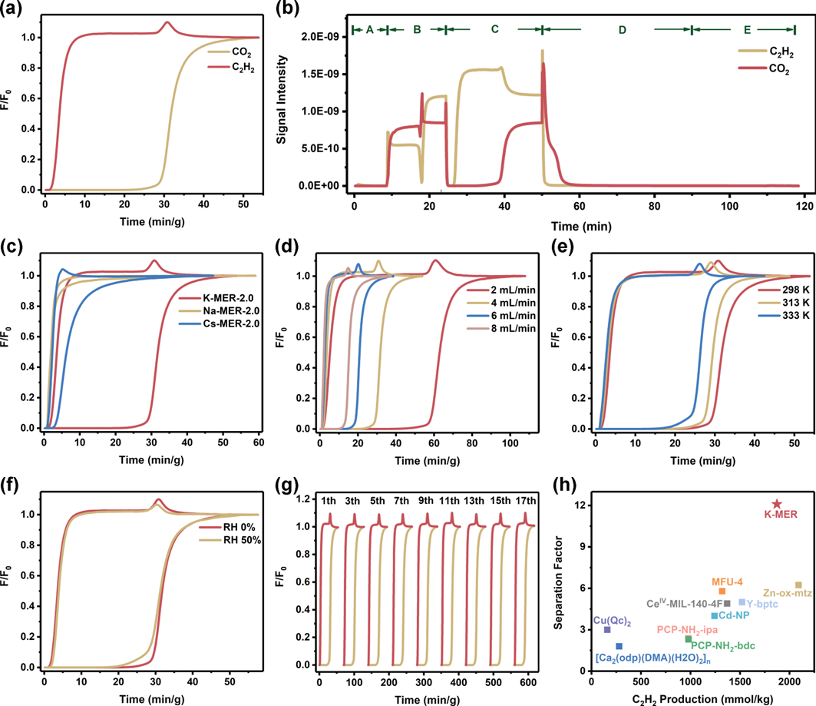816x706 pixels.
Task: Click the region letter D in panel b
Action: click(622, 29)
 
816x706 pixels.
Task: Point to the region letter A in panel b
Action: click(369, 29)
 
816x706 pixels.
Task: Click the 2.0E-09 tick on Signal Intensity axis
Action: click(322, 37)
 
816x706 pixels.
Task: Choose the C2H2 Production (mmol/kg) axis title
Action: click(697, 698)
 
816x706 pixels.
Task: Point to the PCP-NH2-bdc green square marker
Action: click(689, 639)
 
